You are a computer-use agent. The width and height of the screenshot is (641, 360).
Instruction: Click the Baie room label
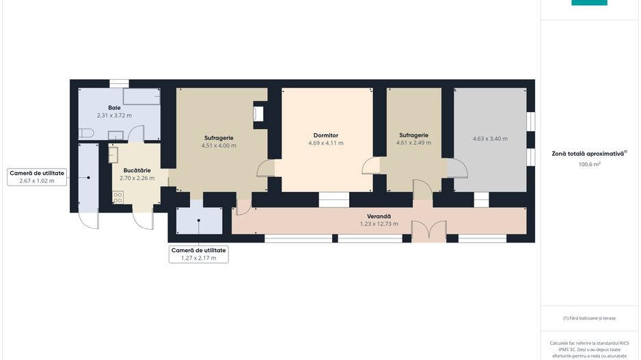115,108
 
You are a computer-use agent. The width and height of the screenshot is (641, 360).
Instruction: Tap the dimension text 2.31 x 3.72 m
115,115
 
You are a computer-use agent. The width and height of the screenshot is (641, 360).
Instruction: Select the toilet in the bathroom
86,133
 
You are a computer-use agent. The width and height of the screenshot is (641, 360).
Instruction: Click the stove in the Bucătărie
118,198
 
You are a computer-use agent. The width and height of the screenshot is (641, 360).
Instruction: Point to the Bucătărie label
137,170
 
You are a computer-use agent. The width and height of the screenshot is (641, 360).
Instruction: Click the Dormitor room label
326,135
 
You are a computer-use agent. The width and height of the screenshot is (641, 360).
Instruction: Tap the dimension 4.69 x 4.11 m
326,143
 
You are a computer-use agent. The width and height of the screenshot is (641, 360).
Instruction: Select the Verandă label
379,216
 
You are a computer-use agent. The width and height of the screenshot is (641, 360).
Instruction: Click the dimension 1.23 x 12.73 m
379,224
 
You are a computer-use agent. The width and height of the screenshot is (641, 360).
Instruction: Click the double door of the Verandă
429,232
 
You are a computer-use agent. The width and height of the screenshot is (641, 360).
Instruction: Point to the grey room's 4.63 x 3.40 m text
490,139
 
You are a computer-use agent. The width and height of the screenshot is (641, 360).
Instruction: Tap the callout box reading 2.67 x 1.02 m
37,177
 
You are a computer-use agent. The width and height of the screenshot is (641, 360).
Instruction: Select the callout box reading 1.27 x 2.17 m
199,254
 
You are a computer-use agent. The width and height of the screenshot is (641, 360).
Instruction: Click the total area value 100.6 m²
589,164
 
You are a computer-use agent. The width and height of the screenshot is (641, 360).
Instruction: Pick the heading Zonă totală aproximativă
588,154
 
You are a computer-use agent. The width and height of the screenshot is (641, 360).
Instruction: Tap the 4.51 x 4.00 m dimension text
219,146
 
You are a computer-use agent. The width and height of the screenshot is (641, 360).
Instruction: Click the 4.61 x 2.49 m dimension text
413,143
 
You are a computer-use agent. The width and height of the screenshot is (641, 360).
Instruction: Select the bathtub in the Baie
141,96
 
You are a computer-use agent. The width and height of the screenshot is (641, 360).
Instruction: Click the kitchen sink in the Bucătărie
113,155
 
